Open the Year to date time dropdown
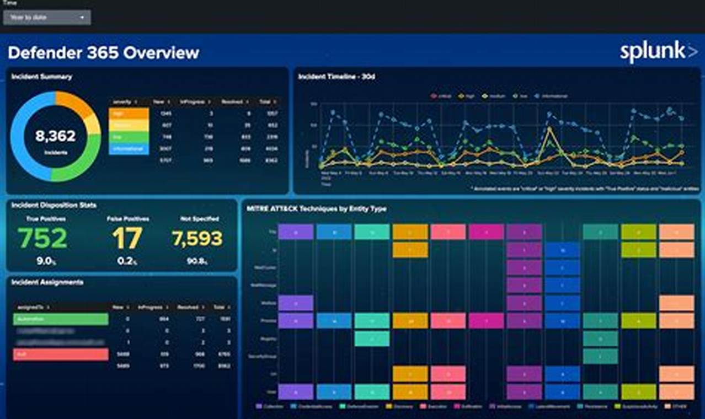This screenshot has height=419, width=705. pos(47,18)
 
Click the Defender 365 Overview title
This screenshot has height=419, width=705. pos(103,52)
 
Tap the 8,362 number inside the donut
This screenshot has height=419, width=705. pos(55,136)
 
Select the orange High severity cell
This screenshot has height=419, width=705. pos(129,113)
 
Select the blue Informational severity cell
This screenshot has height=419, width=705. pos(129,149)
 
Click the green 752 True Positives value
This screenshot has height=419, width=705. pos(42,238)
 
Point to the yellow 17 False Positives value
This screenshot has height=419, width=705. pos(127,238)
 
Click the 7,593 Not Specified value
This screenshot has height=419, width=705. pos(197,238)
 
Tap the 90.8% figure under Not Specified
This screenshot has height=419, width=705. pos(197,261)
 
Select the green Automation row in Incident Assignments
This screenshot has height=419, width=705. pos(61,319)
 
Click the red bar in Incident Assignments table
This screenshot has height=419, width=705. pos(61,354)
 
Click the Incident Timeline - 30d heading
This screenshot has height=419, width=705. pos(337,77)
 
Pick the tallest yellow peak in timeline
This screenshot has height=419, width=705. pos(549,130)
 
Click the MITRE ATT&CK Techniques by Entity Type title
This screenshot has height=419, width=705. pos(317,209)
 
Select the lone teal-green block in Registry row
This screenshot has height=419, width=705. pos(372,339)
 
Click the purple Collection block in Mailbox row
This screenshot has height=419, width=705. pos(296,303)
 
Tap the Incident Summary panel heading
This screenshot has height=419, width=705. pos(41,77)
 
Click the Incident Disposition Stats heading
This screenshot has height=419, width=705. pos(54,205)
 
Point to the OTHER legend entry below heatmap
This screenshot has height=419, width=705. pos(680,407)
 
